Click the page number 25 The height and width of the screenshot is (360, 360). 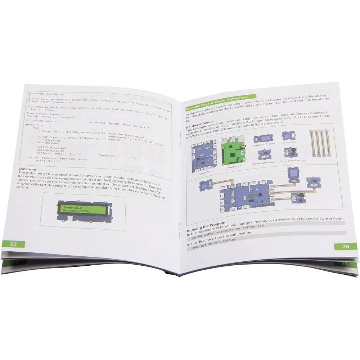click(x=13, y=244)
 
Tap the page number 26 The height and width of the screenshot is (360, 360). click(x=346, y=246)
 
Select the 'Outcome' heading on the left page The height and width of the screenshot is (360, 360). click(x=27, y=169)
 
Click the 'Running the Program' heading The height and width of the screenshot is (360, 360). click(x=206, y=224)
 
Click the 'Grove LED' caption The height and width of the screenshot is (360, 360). click(x=289, y=143)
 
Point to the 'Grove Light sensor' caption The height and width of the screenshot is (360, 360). click(x=264, y=162)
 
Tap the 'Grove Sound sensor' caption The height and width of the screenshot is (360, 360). click(x=292, y=161)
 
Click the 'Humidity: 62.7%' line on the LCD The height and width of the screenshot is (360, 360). click(x=77, y=212)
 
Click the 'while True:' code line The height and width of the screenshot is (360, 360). click(x=35, y=125)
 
